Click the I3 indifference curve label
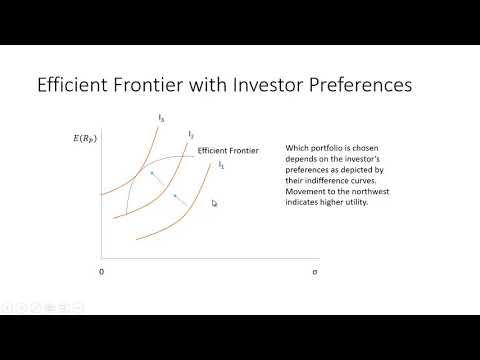point(161,119)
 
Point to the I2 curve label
point(190,134)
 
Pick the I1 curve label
point(221,164)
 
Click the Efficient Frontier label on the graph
point(229,150)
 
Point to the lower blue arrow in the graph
point(181,203)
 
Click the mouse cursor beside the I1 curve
point(214,203)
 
